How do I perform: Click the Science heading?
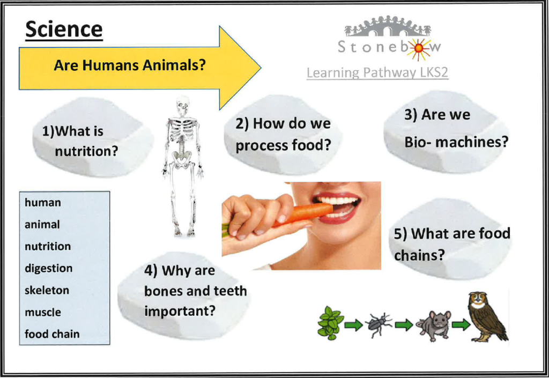click(x=64, y=29)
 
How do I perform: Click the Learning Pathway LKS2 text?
click(x=377, y=72)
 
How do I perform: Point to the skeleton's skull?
click(x=183, y=106)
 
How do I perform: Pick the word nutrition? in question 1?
click(x=86, y=151)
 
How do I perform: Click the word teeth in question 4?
click(x=231, y=291)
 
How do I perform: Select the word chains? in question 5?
click(x=419, y=255)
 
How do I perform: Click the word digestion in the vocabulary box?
click(x=49, y=269)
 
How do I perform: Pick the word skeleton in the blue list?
click(x=47, y=290)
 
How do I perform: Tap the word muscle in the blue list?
click(x=43, y=312)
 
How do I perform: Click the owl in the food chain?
click(x=488, y=317)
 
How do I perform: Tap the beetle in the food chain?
click(x=379, y=325)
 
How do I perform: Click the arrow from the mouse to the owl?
click(x=461, y=325)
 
